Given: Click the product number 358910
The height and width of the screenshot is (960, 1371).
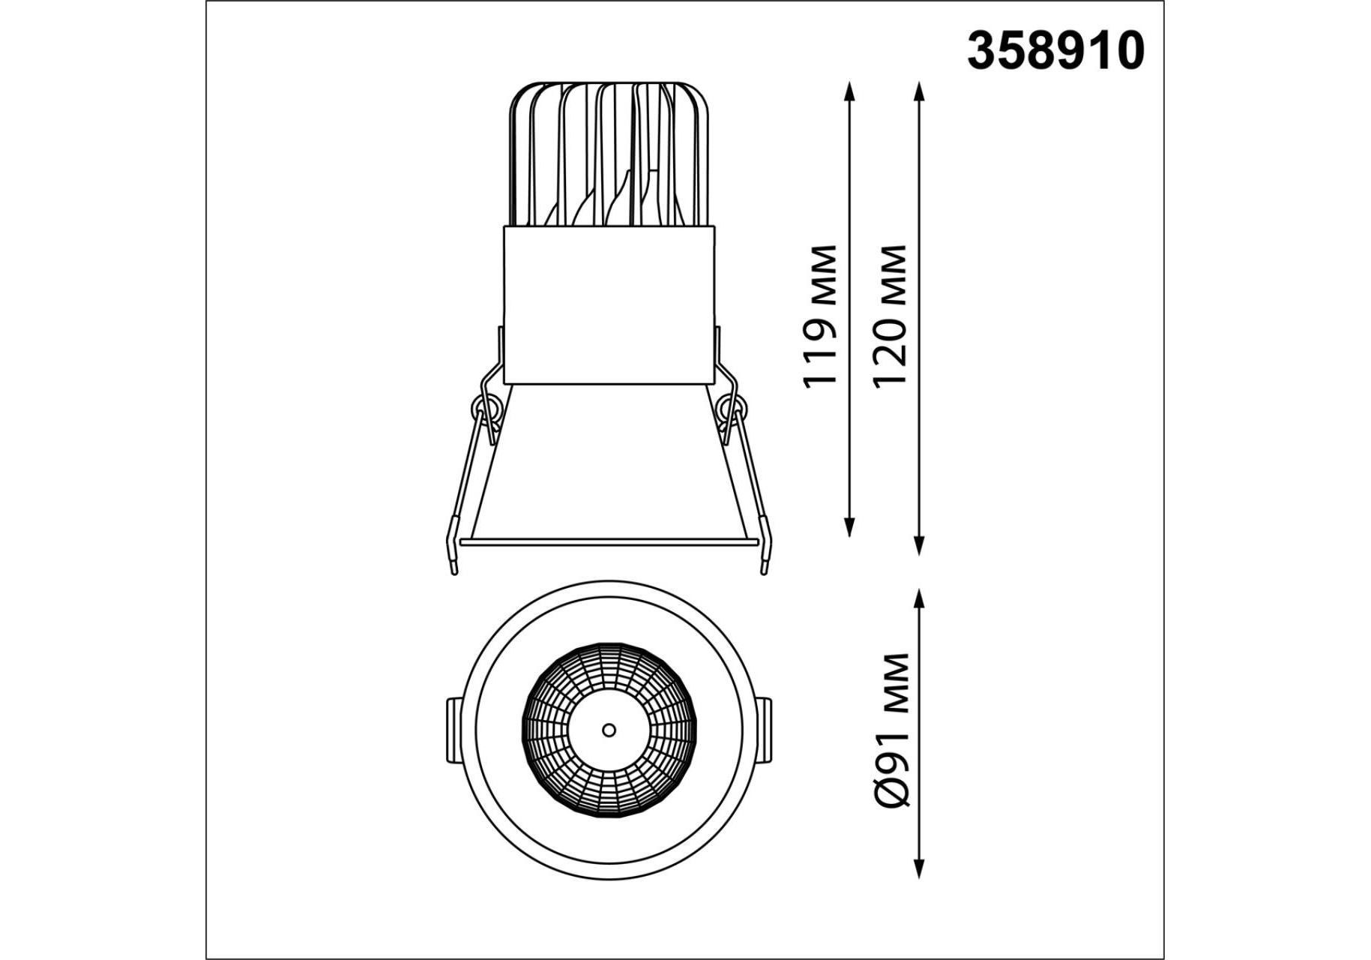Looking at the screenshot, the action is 1055,51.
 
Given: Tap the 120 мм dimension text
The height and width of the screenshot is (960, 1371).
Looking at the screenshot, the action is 891,315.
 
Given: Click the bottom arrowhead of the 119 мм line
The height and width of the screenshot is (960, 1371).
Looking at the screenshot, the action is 849,527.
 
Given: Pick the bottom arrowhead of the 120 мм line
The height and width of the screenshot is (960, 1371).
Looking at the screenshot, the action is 920,545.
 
